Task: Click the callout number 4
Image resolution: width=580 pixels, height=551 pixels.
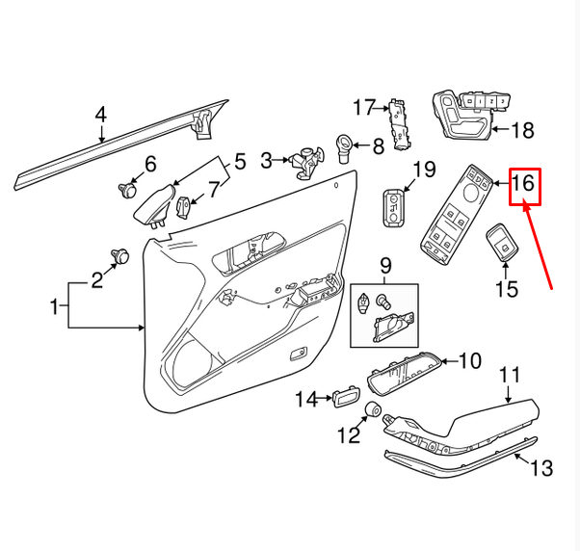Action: (x=100, y=116)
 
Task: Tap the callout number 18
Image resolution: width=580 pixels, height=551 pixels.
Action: (x=521, y=129)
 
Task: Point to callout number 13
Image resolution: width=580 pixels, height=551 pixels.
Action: (x=541, y=468)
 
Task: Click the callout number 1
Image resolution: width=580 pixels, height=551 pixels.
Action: (x=55, y=308)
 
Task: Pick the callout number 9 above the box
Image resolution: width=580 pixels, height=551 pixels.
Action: (x=384, y=264)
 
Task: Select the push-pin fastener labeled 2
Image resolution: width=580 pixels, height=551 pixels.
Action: (x=121, y=255)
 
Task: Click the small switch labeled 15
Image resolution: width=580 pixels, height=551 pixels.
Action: (x=501, y=245)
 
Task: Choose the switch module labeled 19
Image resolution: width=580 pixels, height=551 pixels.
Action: (x=393, y=206)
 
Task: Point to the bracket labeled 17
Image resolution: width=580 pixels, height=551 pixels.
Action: (x=400, y=123)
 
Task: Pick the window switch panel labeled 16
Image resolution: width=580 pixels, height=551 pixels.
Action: (x=459, y=212)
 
